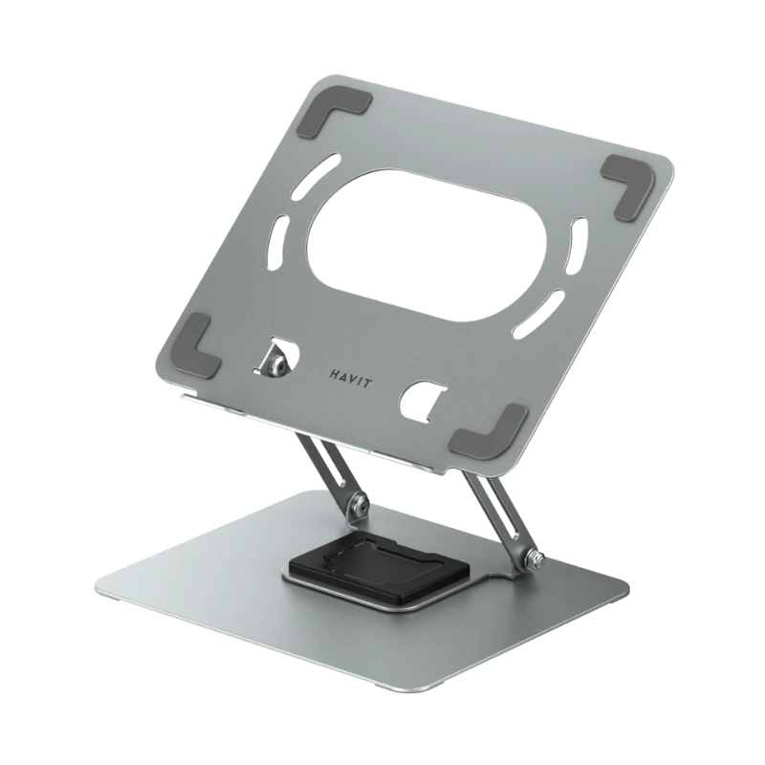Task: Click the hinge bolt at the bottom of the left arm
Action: [x=359, y=501]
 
